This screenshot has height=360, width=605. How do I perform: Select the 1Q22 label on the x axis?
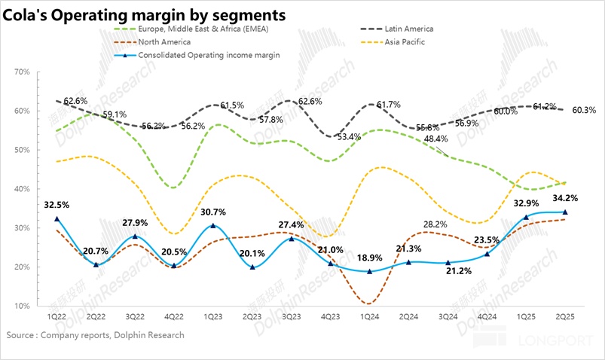coord(56,319)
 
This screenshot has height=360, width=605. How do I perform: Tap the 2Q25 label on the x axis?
coord(565,319)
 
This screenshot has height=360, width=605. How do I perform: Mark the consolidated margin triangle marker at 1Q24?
coord(369,271)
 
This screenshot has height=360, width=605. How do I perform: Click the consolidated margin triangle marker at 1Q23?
coord(212,225)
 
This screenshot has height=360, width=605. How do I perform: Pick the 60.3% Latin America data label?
coord(584,110)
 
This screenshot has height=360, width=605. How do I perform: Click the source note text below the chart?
coord(95,334)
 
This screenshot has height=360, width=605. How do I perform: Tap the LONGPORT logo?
coord(559,340)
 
